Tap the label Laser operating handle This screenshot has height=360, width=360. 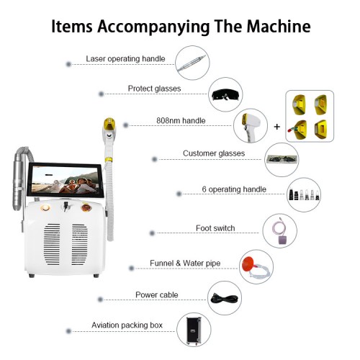(126, 59)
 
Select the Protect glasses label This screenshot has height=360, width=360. (154, 89)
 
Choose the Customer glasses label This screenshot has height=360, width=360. (214, 153)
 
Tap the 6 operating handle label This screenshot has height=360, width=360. (234, 190)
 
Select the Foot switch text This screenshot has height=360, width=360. (215, 229)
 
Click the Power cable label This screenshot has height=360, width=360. (156, 294)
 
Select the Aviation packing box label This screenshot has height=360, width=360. (127, 325)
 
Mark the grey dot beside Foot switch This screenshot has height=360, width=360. (152, 233)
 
